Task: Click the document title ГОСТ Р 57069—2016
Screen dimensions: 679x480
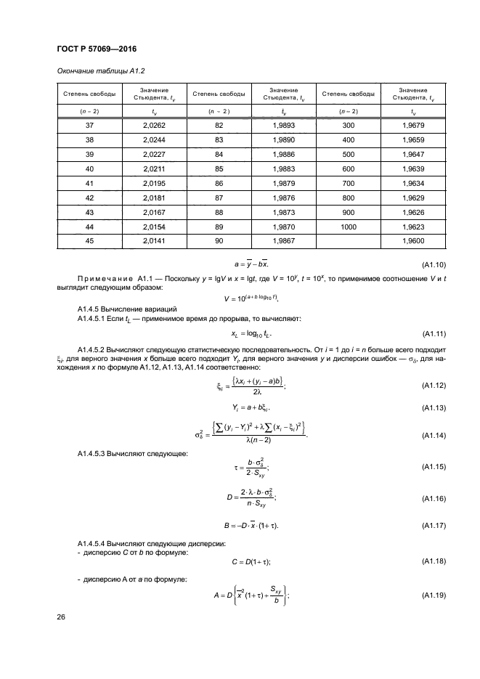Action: tap(97, 49)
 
